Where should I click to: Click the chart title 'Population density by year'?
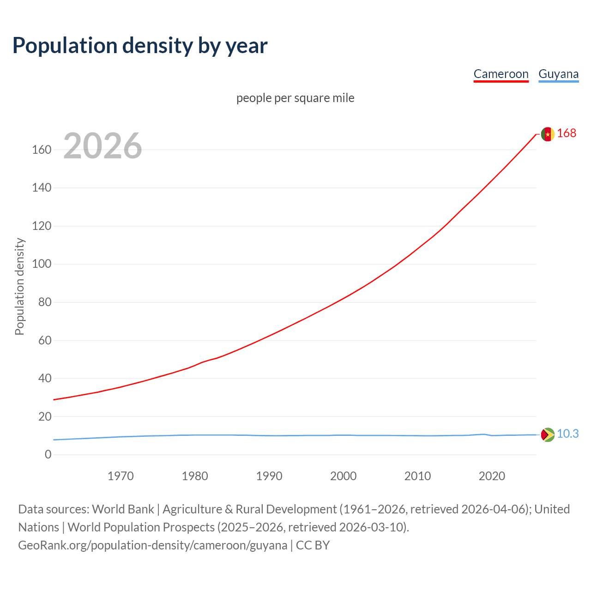pyautogui.click(x=140, y=45)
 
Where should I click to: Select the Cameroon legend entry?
pyautogui.click(x=501, y=74)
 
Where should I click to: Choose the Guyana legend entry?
pyautogui.click(x=558, y=74)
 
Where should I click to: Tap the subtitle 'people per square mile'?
pyautogui.click(x=295, y=98)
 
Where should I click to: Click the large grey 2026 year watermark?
pyautogui.click(x=103, y=146)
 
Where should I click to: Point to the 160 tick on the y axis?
pyautogui.click(x=42, y=150)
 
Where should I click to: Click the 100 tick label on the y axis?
pyautogui.click(x=42, y=264)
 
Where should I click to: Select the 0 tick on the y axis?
pyautogui.click(x=48, y=454)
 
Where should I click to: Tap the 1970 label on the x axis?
pyautogui.click(x=121, y=476)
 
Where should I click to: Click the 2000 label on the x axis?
pyautogui.click(x=343, y=476)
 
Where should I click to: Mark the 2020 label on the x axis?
pyautogui.click(x=492, y=476)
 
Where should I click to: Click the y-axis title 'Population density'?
pyautogui.click(x=19, y=286)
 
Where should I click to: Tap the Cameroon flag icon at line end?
pyautogui.click(x=548, y=134)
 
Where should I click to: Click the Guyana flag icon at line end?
pyautogui.click(x=548, y=434)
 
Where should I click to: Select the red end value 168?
pyautogui.click(x=567, y=133)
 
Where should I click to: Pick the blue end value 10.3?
pyautogui.click(x=567, y=434)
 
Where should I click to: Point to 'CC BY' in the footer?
pyautogui.click(x=313, y=545)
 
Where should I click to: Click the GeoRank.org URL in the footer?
pyautogui.click(x=152, y=545)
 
